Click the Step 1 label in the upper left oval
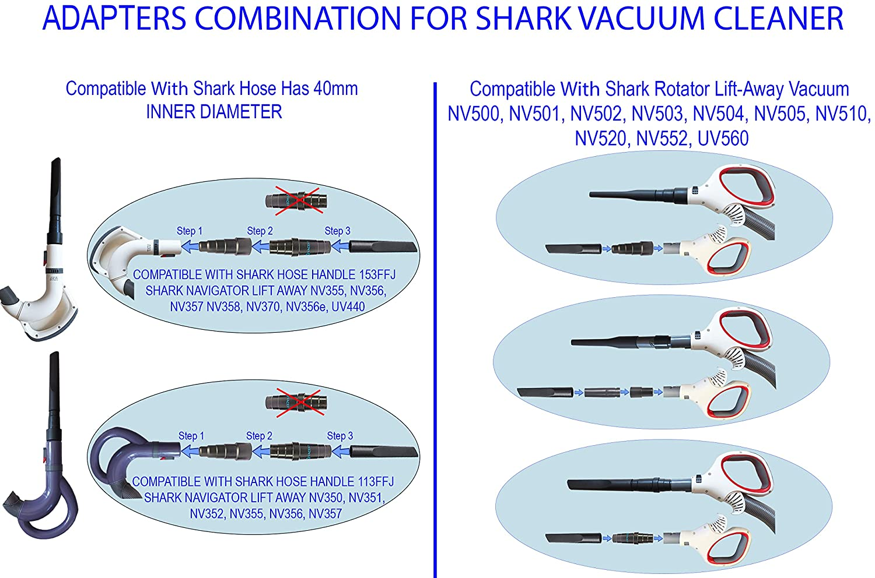coord(190,231)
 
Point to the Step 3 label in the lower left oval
coord(339,436)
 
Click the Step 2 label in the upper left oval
coord(260,231)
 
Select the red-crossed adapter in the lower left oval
coord(297,401)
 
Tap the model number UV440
coord(348,306)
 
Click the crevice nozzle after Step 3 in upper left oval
coord(383,247)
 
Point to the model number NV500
coord(475,114)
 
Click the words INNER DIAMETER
coord(213,111)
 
